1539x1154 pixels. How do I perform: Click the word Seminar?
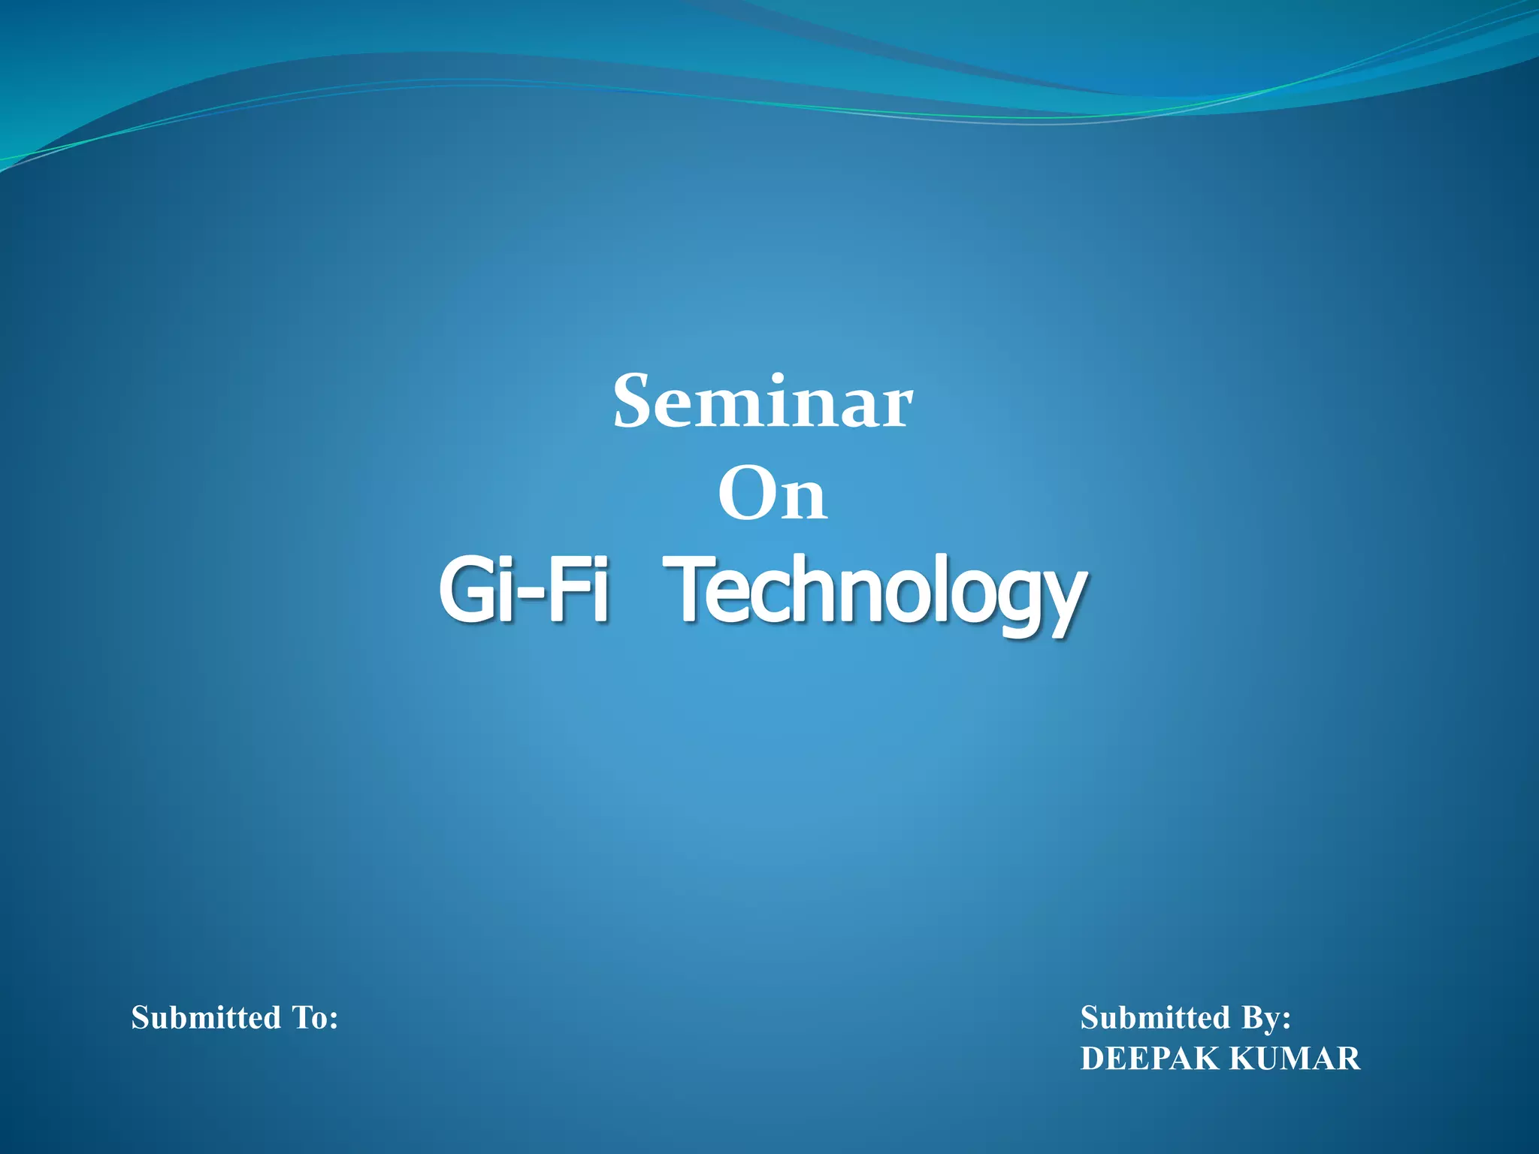(x=763, y=403)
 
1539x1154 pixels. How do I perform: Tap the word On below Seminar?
(x=773, y=496)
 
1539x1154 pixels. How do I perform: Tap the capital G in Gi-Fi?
(x=468, y=591)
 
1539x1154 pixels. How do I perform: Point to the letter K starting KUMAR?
(x=1241, y=1059)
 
